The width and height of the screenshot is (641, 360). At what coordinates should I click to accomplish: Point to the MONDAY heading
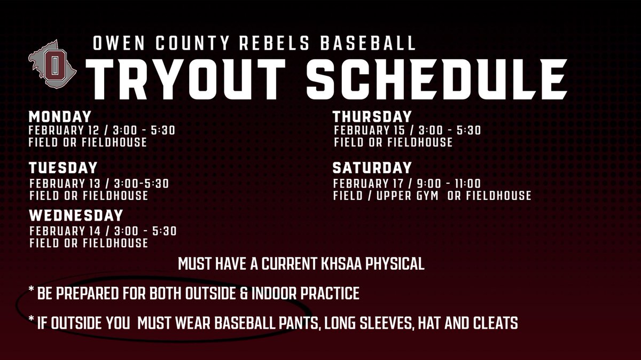[x=60, y=117]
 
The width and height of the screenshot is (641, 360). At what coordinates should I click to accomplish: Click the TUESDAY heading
[x=63, y=168]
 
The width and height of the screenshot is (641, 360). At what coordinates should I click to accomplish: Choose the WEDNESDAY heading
[x=76, y=215]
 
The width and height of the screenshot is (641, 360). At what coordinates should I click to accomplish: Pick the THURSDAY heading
[x=372, y=116]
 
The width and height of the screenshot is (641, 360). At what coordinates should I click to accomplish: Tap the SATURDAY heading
[x=372, y=168]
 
